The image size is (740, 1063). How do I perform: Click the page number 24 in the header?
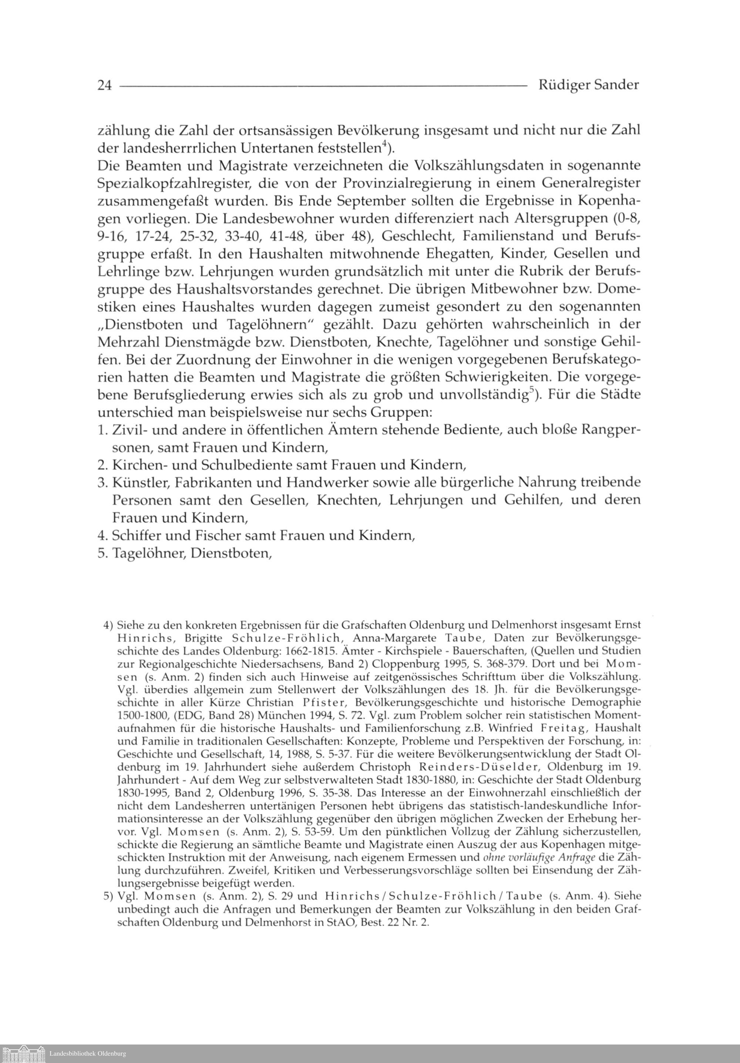(105, 85)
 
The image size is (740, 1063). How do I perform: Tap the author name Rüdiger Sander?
(589, 85)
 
